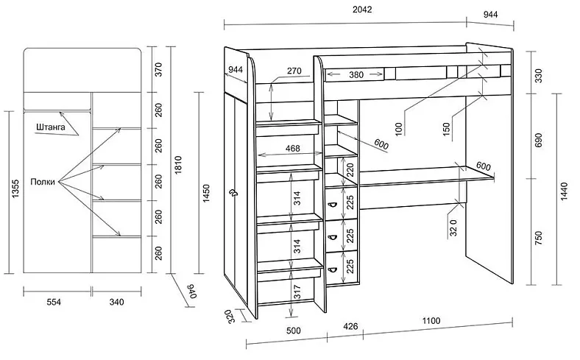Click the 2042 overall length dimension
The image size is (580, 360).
tap(361, 10)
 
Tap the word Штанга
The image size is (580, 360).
tap(51, 127)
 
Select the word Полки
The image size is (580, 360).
tap(43, 182)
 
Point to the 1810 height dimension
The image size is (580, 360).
tap(178, 165)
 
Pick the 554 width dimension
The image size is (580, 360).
tap(54, 302)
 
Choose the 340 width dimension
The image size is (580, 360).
tap(116, 302)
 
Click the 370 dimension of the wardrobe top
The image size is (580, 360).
tap(158, 69)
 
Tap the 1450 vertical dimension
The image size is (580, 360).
tap(206, 193)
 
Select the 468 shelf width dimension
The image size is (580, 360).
tap(293, 149)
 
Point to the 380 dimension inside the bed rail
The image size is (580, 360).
tap(356, 75)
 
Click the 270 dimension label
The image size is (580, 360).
tap(294, 71)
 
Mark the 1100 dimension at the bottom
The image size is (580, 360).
tap(431, 321)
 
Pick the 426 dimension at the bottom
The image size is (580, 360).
tap(350, 326)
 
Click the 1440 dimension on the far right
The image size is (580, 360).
tap(564, 191)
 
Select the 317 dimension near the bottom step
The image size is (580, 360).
tap(297, 292)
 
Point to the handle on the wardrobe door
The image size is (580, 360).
tap(233, 192)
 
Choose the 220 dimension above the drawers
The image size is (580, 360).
tap(350, 170)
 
